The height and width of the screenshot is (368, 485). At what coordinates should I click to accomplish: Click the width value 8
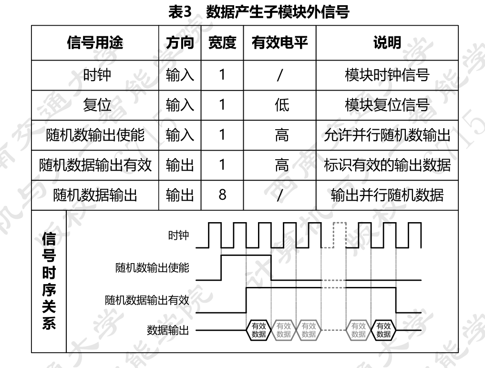point(222,195)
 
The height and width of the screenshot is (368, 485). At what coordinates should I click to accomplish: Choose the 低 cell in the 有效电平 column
point(281,105)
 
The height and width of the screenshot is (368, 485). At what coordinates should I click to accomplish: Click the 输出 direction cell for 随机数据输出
point(180,195)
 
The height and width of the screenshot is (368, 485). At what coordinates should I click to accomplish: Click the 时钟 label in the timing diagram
point(179,236)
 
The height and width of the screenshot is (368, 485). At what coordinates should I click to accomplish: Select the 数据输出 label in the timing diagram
point(167,330)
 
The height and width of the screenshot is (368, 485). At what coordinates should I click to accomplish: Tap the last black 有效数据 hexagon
point(383,330)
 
